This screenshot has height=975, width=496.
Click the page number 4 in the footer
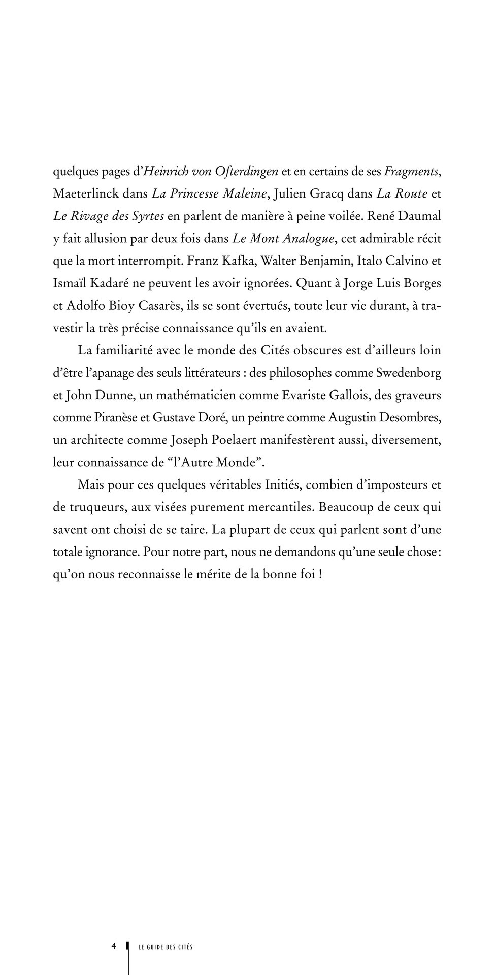pyautogui.click(x=114, y=946)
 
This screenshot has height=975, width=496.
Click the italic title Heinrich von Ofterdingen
pyautogui.click(x=211, y=171)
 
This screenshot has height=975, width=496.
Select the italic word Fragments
pyautogui.click(x=411, y=171)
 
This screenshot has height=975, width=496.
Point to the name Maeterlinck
pyautogui.click(x=86, y=193)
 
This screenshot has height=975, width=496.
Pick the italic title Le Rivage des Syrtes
pyautogui.click(x=108, y=216)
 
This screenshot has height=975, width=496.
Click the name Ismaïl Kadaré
pyautogui.click(x=90, y=283)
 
